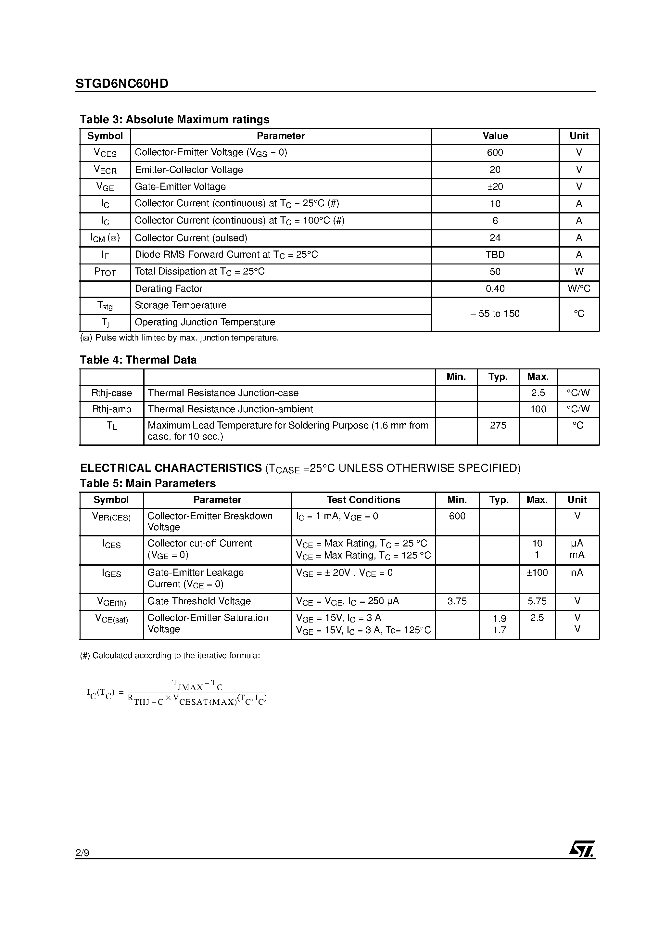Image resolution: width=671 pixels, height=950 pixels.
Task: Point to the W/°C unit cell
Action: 579,289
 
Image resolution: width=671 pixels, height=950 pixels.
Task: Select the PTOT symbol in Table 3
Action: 105,272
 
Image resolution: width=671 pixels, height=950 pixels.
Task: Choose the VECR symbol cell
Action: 105,170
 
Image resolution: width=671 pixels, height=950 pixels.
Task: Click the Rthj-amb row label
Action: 112,409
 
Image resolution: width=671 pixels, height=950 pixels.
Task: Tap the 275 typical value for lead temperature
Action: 498,425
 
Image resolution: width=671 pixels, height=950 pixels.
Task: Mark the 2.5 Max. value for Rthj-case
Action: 538,393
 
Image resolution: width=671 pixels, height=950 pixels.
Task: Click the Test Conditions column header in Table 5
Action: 363,500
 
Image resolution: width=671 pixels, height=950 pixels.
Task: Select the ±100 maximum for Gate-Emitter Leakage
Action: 537,573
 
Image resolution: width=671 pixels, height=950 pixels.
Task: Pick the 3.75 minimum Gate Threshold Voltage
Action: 457,601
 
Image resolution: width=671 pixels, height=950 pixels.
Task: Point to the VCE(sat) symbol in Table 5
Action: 112,619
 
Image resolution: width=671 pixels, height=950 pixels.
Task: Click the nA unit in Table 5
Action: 577,573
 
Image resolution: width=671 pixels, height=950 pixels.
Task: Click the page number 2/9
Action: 82,853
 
